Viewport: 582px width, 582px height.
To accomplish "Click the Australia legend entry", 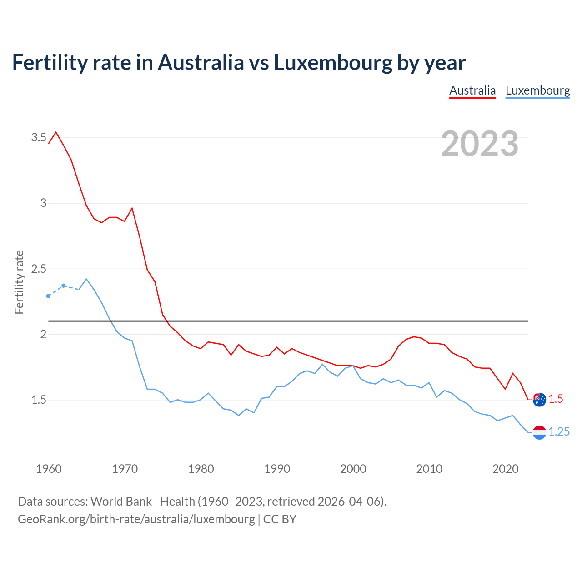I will pos(472,90).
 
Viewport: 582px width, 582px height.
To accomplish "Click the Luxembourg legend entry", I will pos(537,90).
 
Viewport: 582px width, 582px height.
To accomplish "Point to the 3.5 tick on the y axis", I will pos(39,137).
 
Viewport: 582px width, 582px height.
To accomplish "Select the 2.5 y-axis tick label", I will pos(39,269).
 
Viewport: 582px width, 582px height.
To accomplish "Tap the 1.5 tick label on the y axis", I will pos(39,400).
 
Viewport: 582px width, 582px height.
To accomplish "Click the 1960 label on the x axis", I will pos(49,469).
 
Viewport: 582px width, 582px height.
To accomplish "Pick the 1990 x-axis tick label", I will pos(277,469).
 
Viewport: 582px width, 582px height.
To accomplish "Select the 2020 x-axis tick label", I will pos(505,469).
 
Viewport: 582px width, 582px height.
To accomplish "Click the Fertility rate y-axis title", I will pos(19,282).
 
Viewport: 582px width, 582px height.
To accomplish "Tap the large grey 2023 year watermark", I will pos(479,144).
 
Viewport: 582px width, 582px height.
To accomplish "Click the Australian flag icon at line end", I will pos(539,400).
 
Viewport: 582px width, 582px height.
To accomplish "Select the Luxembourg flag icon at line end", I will pos(539,432).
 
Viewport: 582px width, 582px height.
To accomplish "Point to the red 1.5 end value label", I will pos(556,399).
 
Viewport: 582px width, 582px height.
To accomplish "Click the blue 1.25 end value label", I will pos(559,432).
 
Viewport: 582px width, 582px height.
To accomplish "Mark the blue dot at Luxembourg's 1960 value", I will pos(49,296).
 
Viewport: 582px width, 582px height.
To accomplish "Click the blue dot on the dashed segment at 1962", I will pos(64,286).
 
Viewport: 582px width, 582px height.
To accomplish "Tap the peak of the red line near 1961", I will pos(56,132).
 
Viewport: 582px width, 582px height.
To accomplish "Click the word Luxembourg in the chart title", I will pos(332,63).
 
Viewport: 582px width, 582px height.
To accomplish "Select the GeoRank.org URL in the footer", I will pos(136,519).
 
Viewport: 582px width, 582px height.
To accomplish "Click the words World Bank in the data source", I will pos(121,502).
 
